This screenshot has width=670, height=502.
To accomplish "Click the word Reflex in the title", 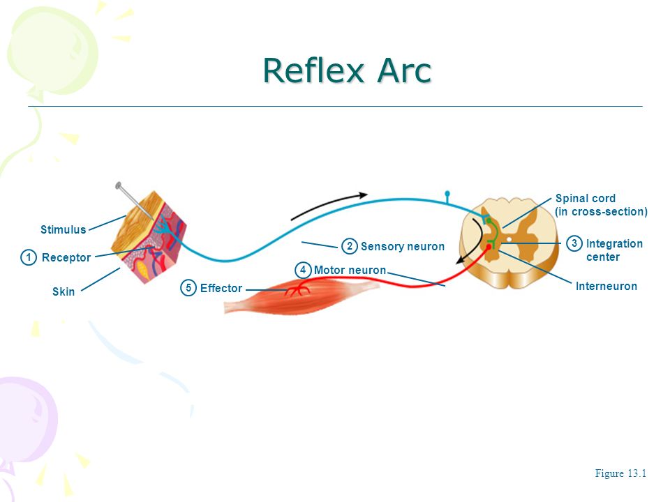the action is (313, 70).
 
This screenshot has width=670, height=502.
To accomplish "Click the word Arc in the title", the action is (404, 70).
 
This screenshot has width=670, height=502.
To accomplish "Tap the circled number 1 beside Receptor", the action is (29, 257).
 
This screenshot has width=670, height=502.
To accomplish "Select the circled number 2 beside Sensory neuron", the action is (349, 246).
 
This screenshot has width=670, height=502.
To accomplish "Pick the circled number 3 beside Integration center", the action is (574, 243).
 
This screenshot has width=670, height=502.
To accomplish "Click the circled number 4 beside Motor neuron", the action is (303, 270).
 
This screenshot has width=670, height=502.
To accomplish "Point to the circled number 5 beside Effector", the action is (188, 288).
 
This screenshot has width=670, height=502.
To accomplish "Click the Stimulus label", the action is (64, 229).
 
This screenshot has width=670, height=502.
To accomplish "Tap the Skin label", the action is (64, 291).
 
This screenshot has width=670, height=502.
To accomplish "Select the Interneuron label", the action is (606, 286).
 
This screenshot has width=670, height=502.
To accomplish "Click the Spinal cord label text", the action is (586, 198).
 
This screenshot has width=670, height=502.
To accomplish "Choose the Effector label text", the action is (221, 288).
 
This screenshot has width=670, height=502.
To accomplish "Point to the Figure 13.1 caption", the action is (620, 473).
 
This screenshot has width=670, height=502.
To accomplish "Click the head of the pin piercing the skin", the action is (119, 185).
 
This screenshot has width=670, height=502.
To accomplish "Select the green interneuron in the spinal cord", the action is (493, 233).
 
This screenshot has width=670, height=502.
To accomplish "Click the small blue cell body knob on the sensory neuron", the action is (447, 195).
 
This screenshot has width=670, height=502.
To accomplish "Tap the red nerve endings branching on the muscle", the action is (298, 290).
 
